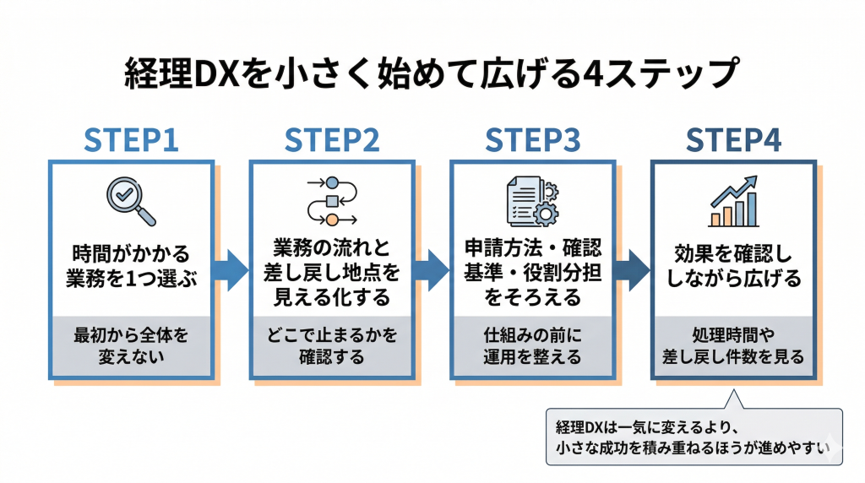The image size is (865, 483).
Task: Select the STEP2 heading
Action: pos(332,140)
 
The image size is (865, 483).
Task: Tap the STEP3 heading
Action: pos(532,140)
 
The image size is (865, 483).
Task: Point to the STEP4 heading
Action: pos(733,140)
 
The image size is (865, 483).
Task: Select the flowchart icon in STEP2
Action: pos(332,201)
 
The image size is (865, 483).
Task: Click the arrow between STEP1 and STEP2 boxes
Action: pos(231,269)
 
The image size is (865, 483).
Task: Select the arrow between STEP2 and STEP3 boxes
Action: pos(432,269)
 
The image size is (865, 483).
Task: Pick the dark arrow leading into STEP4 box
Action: pos(632,269)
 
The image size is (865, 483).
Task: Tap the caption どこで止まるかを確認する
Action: pos(332,345)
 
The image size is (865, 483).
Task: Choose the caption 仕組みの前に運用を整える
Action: pos(532,345)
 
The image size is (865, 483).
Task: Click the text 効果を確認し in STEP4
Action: pos(733,254)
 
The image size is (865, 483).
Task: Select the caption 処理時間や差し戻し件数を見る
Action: pos(733,345)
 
